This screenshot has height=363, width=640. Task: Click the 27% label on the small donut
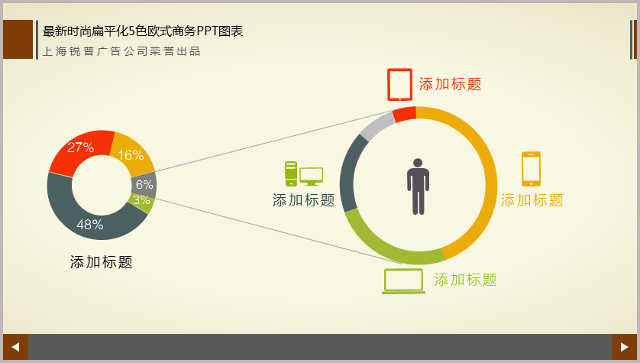tap(81, 147)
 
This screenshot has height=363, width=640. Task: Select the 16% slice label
tap(131, 155)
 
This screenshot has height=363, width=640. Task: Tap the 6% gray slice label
tap(144, 185)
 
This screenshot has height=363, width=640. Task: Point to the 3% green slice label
tap(141, 200)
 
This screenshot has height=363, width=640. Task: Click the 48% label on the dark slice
tap(90, 225)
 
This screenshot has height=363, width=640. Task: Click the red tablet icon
tap(399, 85)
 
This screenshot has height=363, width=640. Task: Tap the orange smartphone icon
tap(531, 169)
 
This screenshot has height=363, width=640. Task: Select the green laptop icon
tap(403, 281)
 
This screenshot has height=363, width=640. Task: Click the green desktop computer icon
tap(304, 174)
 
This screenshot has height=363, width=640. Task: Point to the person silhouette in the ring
tap(418, 186)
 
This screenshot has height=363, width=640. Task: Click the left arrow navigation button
tap(15, 347)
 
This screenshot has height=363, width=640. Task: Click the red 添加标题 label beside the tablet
tap(450, 84)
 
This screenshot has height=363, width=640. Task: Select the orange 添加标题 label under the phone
tap(532, 200)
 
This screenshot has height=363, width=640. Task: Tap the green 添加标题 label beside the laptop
tap(465, 280)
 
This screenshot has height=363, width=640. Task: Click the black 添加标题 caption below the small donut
tap(102, 262)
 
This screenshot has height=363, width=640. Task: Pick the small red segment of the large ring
tap(405, 114)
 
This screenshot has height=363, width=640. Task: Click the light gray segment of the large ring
tap(377, 126)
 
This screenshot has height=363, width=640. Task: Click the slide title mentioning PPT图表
tap(143, 31)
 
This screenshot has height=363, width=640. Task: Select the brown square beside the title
tap(18, 39)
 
